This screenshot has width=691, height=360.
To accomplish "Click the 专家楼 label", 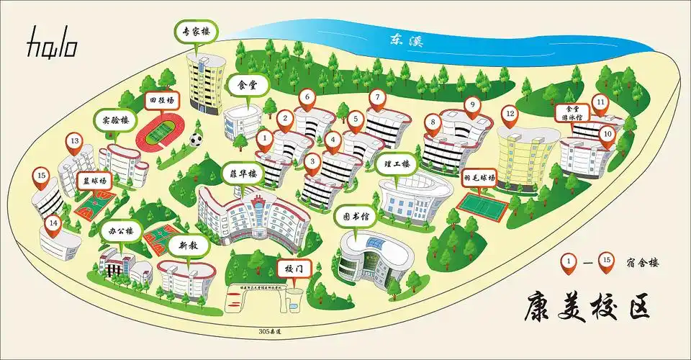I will tap(196, 32).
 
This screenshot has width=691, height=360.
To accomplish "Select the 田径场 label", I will tap(161, 101).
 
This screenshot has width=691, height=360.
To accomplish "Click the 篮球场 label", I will tap(91, 181).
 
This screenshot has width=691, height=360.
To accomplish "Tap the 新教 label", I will tap(188, 246).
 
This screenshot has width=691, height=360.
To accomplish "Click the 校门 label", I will tap(293, 269).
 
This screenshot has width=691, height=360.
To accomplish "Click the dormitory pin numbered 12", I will tap(510, 114).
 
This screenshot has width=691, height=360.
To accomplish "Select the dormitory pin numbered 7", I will tap(376, 98).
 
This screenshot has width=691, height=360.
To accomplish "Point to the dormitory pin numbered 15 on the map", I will tap(42, 176).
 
